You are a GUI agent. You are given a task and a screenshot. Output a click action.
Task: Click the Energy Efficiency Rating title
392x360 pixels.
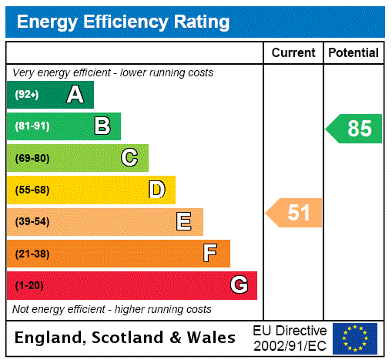(x=123, y=22)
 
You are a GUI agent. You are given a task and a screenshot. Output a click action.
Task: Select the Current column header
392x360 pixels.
(x=293, y=53)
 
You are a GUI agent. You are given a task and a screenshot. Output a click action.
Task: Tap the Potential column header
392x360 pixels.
(x=353, y=53)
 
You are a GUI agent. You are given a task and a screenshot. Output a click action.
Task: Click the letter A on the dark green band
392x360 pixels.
(x=75, y=95)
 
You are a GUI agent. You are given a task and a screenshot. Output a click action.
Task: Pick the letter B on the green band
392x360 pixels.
(x=102, y=126)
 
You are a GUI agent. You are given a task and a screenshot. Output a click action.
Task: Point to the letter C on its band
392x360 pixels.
(x=129, y=158)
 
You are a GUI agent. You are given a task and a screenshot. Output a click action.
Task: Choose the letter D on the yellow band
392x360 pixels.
(x=156, y=190)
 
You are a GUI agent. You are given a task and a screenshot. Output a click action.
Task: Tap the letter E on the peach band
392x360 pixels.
(x=184, y=222)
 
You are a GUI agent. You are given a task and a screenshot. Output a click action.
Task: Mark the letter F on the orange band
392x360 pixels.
(x=210, y=253)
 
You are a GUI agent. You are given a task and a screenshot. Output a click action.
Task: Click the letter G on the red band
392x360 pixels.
(x=239, y=285)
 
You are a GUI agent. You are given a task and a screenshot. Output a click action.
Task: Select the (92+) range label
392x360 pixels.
(x=26, y=95)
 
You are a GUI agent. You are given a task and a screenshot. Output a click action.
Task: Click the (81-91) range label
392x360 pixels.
(x=32, y=126)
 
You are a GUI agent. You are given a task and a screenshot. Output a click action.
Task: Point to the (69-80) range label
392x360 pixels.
(x=32, y=158)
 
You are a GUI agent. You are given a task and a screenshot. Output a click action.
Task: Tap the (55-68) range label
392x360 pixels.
(x=32, y=190)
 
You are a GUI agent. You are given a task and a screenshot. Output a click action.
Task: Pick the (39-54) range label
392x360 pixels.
(x=32, y=222)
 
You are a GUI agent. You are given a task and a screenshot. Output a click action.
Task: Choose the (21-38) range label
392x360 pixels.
(x=32, y=254)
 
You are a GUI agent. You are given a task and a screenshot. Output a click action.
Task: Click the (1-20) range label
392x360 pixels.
(x=29, y=285)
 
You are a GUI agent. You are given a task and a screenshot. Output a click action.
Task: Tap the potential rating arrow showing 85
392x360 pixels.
(x=354, y=129)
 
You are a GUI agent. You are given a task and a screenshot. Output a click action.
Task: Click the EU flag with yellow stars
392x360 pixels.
(x=355, y=338)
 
